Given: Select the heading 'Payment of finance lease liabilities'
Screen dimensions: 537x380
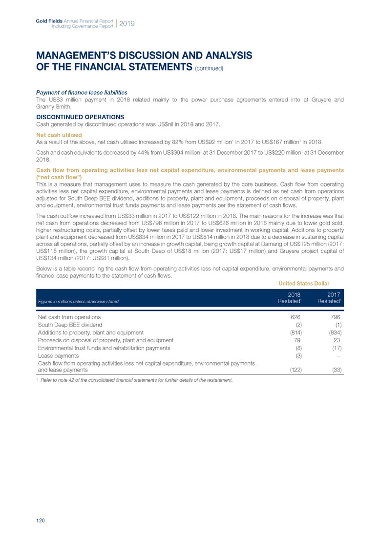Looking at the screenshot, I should (x=82, y=92).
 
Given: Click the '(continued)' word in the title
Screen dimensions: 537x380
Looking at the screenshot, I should (x=210, y=68).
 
